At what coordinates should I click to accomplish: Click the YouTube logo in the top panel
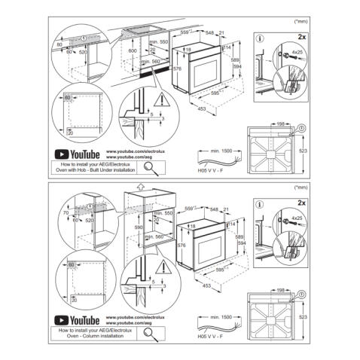coord(78,154)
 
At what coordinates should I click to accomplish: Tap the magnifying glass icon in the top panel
coord(150,166)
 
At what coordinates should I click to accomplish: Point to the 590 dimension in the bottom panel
coord(138,226)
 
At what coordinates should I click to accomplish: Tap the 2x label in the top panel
coord(301,36)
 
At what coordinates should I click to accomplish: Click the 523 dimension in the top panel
coord(303,151)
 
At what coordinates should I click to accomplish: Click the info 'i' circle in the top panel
coord(261,37)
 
